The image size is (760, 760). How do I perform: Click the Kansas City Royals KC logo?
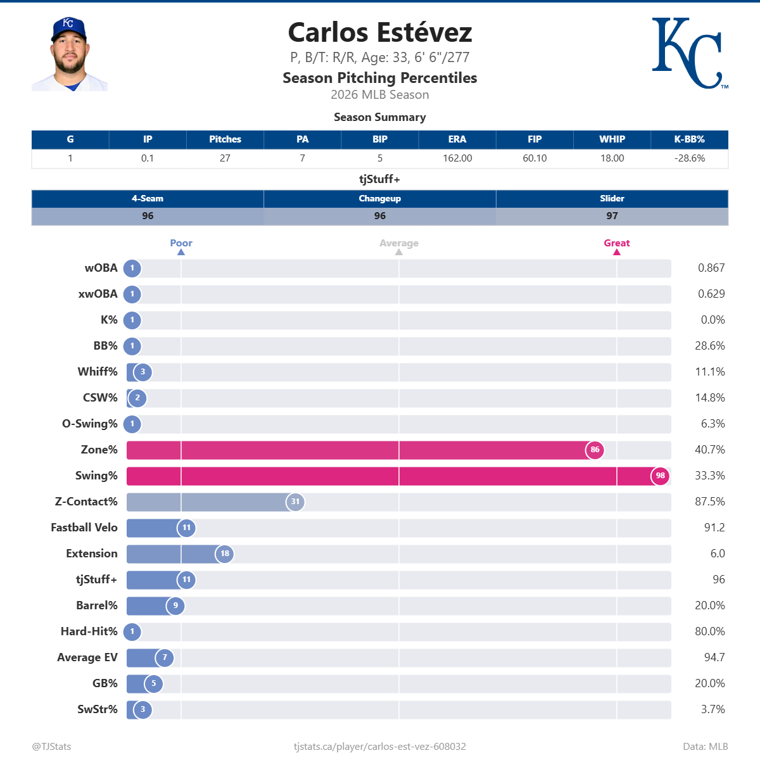pyautogui.click(x=689, y=53)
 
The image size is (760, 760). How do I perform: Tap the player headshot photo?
pyautogui.click(x=70, y=54)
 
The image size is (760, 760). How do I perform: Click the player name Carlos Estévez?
pyautogui.click(x=380, y=33)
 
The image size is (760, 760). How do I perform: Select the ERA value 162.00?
pyautogui.click(x=457, y=158)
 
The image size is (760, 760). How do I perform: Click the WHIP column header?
pyautogui.click(x=612, y=139)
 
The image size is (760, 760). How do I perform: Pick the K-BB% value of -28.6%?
pyautogui.click(x=690, y=158)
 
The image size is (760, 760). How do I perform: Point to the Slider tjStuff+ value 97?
pyautogui.click(x=612, y=216)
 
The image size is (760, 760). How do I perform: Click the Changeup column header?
pyautogui.click(x=380, y=199)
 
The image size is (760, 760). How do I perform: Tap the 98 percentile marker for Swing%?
pyautogui.click(x=660, y=476)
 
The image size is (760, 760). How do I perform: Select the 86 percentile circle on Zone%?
pyautogui.click(x=595, y=450)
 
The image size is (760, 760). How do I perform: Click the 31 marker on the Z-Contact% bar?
pyautogui.click(x=295, y=502)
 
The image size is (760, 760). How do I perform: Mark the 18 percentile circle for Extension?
pyautogui.click(x=225, y=554)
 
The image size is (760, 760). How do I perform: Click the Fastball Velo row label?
pyautogui.click(x=84, y=528)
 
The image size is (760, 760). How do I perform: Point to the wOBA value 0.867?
pyautogui.click(x=711, y=268)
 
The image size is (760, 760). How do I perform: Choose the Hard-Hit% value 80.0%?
pyautogui.click(x=710, y=631)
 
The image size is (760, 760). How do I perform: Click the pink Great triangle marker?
pyautogui.click(x=617, y=252)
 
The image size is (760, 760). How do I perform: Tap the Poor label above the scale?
pyautogui.click(x=181, y=243)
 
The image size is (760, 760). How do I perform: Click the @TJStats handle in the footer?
pyautogui.click(x=52, y=747)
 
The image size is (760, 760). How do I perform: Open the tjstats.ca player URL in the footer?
pyautogui.click(x=380, y=747)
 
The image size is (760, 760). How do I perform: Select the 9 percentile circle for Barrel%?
pyautogui.click(x=175, y=605)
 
